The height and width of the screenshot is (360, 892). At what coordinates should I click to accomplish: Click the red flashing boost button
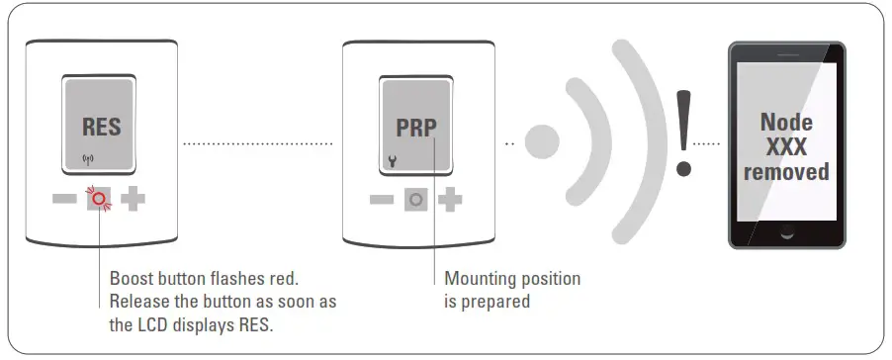tap(99, 199)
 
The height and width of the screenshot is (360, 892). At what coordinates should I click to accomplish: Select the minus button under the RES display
tap(66, 199)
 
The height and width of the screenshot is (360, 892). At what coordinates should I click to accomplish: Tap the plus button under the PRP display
tap(450, 199)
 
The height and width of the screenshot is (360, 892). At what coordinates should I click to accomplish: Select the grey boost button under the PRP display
tap(416, 199)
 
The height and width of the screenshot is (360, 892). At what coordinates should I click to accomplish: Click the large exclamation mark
tap(682, 132)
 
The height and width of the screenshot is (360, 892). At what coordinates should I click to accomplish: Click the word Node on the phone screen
tap(786, 122)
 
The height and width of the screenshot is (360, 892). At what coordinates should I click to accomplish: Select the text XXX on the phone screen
tap(786, 146)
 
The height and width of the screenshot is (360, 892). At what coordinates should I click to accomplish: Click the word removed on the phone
tap(786, 171)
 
